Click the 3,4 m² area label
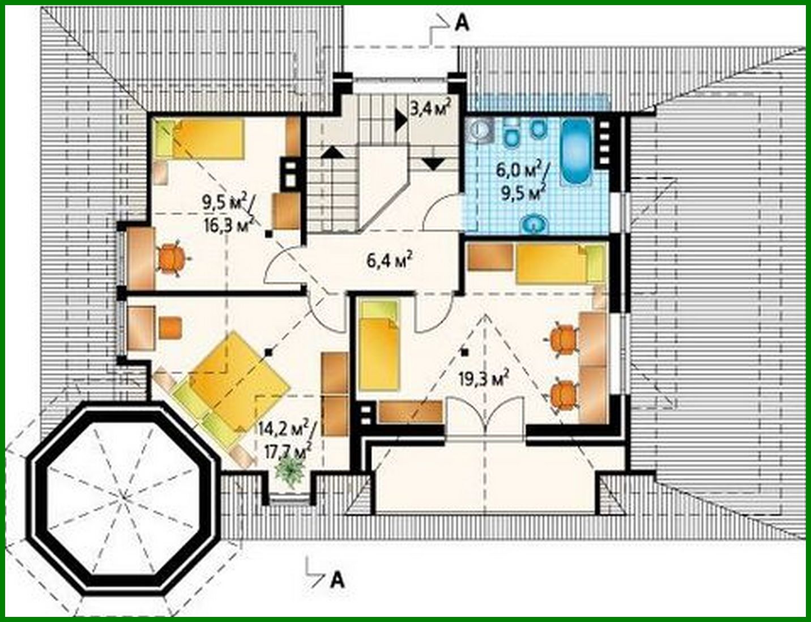[430, 109]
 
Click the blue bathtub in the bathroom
[576, 152]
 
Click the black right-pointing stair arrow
[402, 120]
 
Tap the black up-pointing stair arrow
[332, 151]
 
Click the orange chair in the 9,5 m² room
[172, 258]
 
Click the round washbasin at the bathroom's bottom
[533, 225]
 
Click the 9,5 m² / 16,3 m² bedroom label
[228, 212]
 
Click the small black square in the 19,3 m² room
[464, 352]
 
